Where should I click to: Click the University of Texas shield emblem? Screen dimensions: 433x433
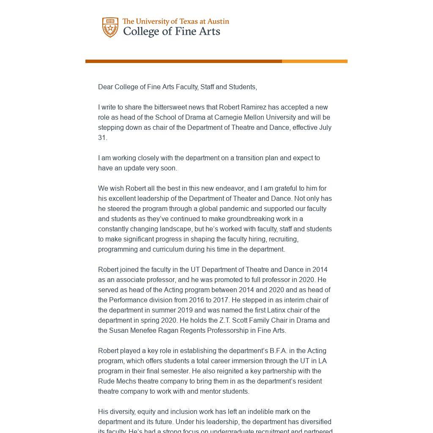(x=110, y=27)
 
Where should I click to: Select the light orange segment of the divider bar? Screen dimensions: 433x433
(x=315, y=61)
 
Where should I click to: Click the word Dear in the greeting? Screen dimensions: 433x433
(x=105, y=87)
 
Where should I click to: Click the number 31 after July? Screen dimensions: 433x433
(x=102, y=138)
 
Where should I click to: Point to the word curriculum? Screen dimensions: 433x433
(x=198, y=249)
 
